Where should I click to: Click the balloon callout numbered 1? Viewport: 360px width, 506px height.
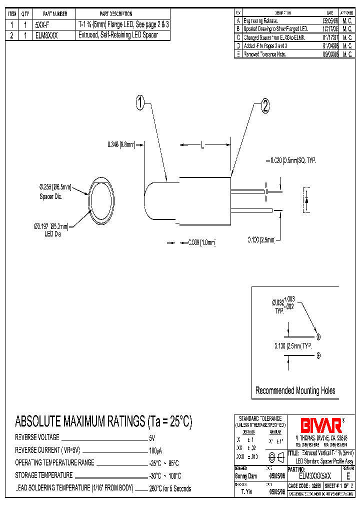pos(141,103)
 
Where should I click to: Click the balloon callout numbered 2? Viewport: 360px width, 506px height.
pos(265,105)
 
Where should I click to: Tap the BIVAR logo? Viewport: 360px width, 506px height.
pos(320,425)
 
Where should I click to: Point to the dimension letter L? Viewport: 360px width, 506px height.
pos(202,145)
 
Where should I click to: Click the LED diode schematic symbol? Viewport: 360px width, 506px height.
pos(306,199)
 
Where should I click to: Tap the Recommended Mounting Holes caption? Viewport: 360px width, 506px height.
pos(295,390)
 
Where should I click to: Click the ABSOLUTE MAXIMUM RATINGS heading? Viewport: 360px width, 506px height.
pos(103,421)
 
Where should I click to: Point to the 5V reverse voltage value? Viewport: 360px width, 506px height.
pos(152,437)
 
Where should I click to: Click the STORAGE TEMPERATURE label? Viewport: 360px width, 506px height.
pos(44,475)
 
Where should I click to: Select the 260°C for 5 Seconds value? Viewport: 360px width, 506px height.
pos(170,488)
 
